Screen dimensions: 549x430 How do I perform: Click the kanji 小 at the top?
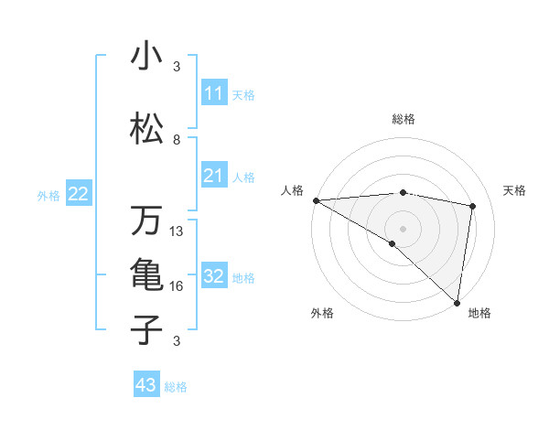[x=145, y=56]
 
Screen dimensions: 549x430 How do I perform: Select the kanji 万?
[x=145, y=220]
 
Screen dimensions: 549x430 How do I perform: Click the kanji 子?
[x=145, y=329]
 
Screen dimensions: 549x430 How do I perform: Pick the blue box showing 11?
[x=213, y=93]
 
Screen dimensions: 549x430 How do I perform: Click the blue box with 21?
[x=213, y=176]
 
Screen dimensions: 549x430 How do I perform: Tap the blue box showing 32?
[x=213, y=276]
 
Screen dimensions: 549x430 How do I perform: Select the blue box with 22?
[x=79, y=194]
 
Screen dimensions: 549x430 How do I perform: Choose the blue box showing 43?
[x=146, y=386]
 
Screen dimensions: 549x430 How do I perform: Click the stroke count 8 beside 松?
[x=177, y=140]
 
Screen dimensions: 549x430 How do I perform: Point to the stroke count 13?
[x=177, y=231]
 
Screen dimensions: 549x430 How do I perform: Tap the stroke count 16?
[x=177, y=286]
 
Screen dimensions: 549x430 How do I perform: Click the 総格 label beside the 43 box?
[x=176, y=387]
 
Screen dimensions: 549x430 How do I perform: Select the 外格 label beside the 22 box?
[x=48, y=195]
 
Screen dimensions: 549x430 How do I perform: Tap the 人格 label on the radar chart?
[x=293, y=190]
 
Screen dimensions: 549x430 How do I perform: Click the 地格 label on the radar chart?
[x=479, y=313]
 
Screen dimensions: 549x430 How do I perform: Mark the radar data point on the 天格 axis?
[x=473, y=206]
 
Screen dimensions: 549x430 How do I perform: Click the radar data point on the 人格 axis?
[x=316, y=200]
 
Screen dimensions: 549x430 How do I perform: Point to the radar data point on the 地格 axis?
[x=457, y=303]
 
